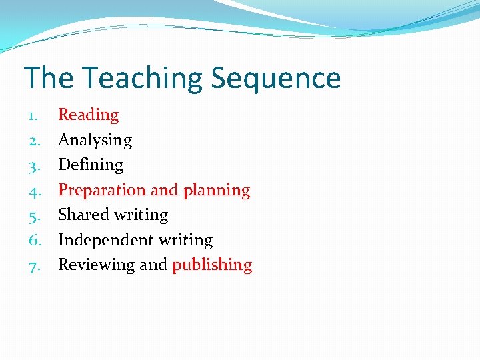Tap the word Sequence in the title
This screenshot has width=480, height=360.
[x=276, y=79]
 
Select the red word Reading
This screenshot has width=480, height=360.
[x=88, y=115]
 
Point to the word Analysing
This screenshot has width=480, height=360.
[x=95, y=141]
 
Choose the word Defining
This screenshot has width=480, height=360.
[x=91, y=165]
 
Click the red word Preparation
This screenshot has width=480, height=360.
[x=102, y=190]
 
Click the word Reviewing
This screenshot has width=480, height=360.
[x=96, y=265]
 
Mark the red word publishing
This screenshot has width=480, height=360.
[x=212, y=265]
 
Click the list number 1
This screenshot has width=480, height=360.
[x=33, y=115]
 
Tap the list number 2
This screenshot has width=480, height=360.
[x=33, y=141]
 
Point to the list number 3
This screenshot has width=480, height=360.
[x=33, y=165]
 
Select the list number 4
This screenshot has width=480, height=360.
[x=33, y=191]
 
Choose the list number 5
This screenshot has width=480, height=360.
[x=33, y=215]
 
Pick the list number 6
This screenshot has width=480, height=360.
[x=33, y=240]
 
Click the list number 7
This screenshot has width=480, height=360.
[x=33, y=265]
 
